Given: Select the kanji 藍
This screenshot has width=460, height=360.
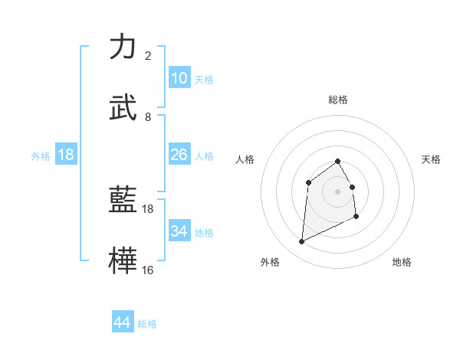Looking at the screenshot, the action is coord(123,199).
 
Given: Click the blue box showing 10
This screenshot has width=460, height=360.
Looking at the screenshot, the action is coord(179,78).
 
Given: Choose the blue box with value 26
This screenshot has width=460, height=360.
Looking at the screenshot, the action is coord(179,155).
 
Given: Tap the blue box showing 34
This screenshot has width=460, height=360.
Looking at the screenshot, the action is coord(179,231).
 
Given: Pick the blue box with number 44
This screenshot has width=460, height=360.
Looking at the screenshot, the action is coord(123,323).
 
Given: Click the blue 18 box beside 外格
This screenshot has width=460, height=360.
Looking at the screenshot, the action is coord(66,155).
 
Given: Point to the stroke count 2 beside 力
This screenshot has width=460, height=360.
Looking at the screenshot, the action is coord(148,56).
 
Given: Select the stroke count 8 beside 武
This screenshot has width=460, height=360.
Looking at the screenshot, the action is coord(148,117).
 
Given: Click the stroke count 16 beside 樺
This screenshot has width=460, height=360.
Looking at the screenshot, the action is coord(148,270).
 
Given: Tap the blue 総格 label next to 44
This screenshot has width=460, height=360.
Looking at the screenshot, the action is coord(147,324).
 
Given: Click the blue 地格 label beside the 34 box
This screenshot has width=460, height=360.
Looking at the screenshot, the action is coord(204,232).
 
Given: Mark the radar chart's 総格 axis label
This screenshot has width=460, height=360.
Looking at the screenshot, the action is coord(338,100).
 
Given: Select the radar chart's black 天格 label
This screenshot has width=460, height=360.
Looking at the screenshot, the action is coord(432,159).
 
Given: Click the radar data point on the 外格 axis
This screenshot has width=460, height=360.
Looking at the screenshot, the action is coord(301,242).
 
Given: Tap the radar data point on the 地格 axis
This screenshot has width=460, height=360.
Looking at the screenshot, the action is coord(356,217).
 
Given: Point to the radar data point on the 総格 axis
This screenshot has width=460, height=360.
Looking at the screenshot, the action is coord(338,161).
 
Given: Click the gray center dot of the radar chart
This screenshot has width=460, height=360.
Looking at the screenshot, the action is coord(338,191).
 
